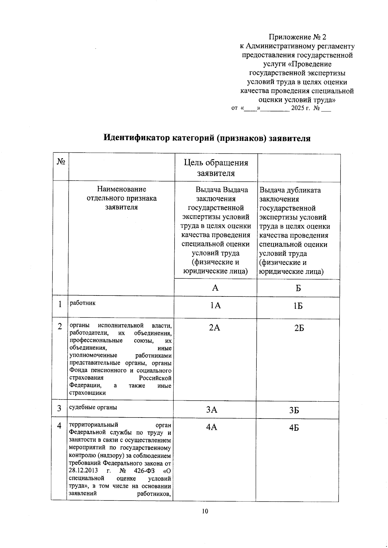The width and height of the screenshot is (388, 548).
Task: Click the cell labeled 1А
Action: tap(215, 305)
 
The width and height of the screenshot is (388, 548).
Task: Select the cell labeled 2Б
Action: tap(299, 328)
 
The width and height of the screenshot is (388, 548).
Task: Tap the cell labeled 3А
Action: tap(212, 410)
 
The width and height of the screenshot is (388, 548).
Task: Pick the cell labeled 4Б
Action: tap(294, 428)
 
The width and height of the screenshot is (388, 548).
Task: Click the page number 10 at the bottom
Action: tap(205, 511)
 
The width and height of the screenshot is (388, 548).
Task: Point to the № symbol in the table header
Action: tap(61, 162)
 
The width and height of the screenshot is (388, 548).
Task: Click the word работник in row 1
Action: tap(82, 303)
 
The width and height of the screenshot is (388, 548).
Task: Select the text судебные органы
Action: tap(93, 407)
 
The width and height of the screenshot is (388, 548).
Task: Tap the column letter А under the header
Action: tap(215, 288)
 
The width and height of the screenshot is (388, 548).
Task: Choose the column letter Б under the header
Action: tap(298, 288)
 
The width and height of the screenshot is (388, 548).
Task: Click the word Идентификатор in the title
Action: tap(136, 138)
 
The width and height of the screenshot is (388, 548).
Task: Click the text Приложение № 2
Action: tap(300, 37)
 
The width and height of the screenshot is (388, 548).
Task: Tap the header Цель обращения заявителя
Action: tap(216, 168)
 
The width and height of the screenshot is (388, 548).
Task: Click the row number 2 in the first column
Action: tap(60, 326)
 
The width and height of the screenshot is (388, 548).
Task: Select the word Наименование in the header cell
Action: tap(122, 189)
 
